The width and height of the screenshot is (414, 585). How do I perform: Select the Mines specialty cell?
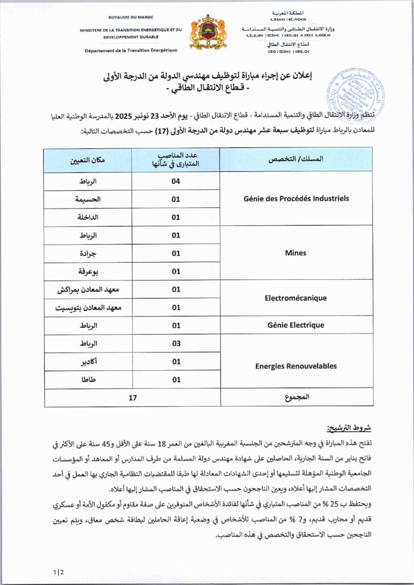click(x=296, y=253)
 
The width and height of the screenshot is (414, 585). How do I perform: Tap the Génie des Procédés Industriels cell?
click(x=296, y=199)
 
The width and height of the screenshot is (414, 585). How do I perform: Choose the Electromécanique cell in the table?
click(x=296, y=298)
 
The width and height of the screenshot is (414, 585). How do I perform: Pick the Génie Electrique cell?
click(x=296, y=325)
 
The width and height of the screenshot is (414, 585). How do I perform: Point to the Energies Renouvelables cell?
click(x=296, y=366)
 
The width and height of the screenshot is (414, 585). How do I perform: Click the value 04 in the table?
click(x=176, y=181)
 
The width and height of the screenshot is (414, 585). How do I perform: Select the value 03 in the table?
click(x=176, y=343)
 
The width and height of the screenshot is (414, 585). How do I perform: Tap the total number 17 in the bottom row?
click(x=132, y=398)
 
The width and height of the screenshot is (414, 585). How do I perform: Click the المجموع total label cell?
click(x=296, y=398)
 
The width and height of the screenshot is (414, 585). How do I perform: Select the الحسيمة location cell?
click(x=88, y=199)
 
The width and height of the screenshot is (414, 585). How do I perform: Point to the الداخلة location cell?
click(x=88, y=217)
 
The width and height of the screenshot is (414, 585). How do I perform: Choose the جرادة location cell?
click(x=88, y=253)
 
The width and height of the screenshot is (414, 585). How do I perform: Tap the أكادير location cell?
click(x=88, y=361)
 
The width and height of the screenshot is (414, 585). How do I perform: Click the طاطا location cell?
click(x=88, y=379)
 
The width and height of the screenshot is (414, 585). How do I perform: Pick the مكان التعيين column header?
click(x=88, y=159)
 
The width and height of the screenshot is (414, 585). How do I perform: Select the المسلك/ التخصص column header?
click(x=296, y=159)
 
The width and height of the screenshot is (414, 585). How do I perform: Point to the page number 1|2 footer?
click(x=58, y=572)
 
